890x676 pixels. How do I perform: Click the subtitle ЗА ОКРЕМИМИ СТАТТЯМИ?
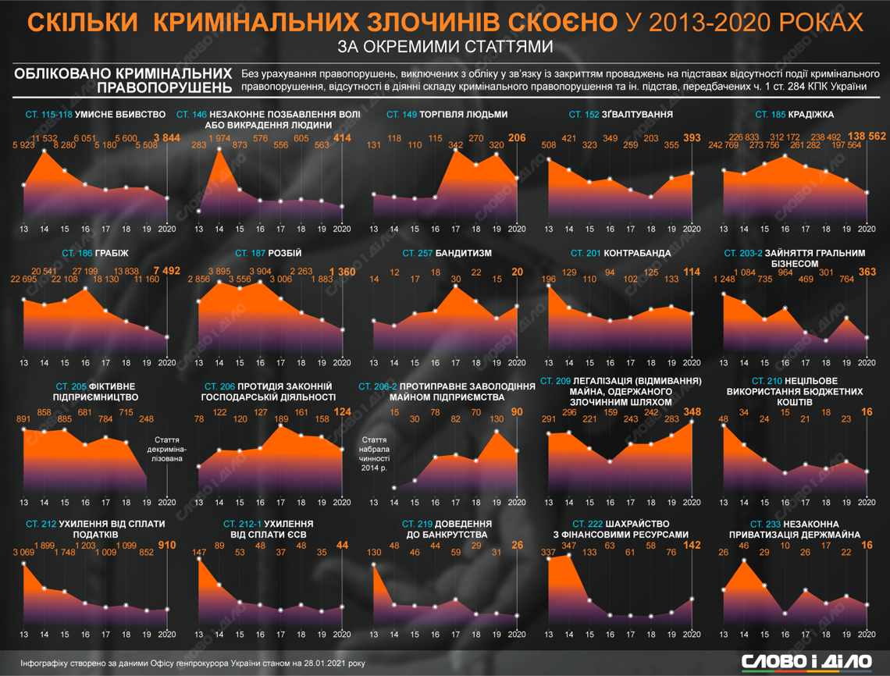(x=445, y=46)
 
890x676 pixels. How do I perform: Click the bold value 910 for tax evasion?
(x=167, y=544)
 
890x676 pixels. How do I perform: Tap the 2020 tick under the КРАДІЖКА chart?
(x=866, y=229)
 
